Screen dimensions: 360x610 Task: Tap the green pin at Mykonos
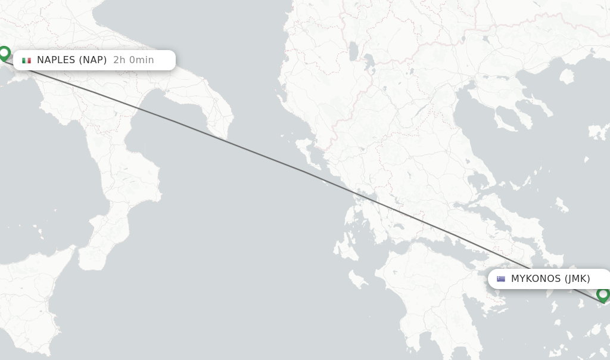click(603, 294)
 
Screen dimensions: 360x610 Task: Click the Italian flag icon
click(26, 60)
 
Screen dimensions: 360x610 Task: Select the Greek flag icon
click(501, 279)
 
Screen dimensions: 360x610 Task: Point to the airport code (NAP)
click(93, 60)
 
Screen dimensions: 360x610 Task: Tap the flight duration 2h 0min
click(133, 60)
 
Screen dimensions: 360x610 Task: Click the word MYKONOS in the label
click(536, 278)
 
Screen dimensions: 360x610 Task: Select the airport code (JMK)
click(577, 278)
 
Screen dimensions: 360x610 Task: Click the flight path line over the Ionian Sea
click(268, 156)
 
